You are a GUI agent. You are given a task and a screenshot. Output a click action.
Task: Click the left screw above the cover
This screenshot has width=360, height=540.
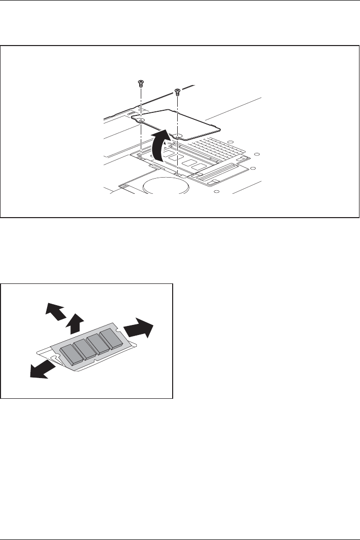(x=140, y=82)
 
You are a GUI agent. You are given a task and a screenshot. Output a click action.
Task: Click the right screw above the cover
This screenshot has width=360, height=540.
(x=177, y=91)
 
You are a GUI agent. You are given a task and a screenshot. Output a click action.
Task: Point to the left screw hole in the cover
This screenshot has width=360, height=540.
(x=141, y=119)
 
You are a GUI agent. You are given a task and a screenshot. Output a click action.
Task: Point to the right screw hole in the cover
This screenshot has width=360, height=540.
(x=178, y=136)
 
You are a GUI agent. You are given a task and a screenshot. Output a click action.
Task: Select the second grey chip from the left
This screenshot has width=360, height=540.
(x=84, y=349)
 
